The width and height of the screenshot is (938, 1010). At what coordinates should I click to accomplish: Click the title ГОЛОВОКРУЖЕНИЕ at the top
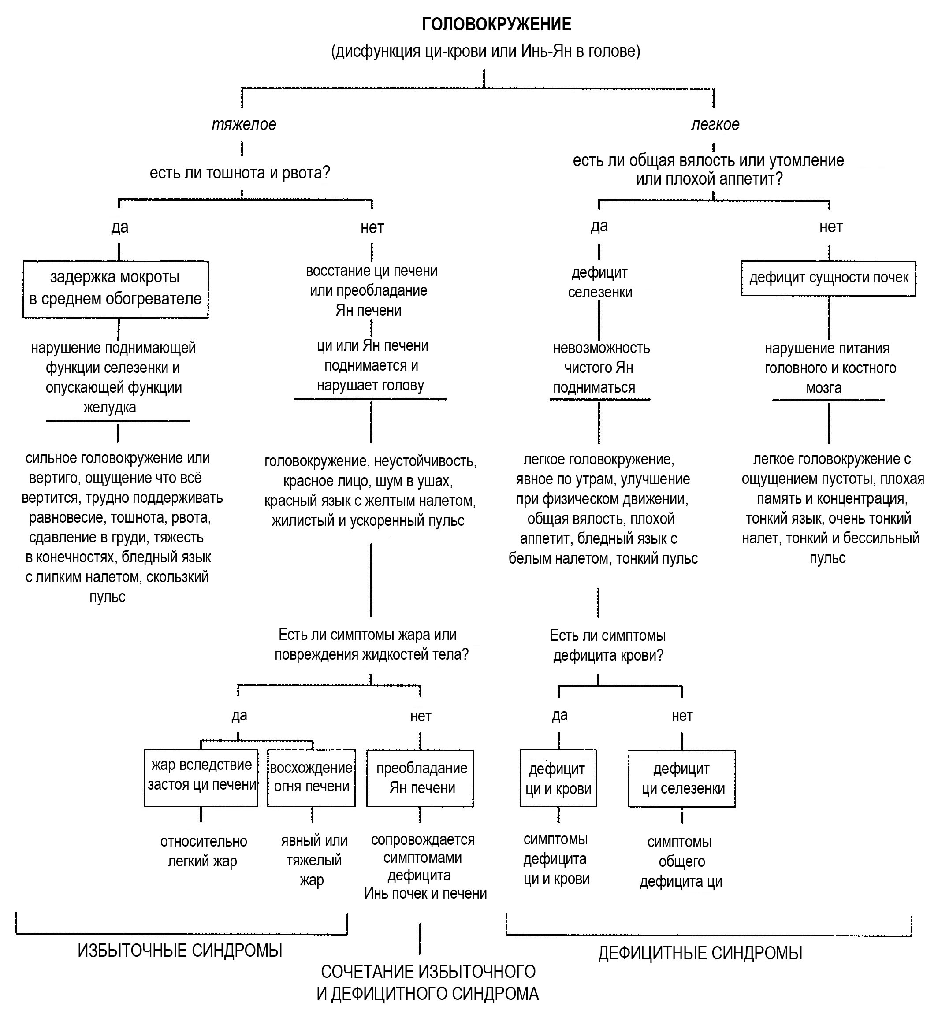tap(496, 24)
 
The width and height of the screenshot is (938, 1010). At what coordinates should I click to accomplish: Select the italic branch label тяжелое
tap(244, 124)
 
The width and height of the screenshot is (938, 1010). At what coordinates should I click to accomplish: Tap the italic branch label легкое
tap(715, 124)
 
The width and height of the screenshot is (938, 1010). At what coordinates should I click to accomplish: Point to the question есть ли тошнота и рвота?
tap(240, 173)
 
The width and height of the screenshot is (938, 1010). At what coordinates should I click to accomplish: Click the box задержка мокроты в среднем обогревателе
tap(116, 290)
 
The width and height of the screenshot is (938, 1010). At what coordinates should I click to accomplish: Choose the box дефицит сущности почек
tap(828, 278)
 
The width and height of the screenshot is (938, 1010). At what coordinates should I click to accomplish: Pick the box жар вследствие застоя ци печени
tap(201, 778)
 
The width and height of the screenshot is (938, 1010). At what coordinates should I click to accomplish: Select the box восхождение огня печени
tap(311, 778)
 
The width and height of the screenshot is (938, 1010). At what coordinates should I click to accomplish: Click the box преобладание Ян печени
tap(420, 779)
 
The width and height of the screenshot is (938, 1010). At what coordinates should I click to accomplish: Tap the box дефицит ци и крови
tap(558, 779)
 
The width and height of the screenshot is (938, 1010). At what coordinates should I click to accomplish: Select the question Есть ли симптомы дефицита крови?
tap(608, 646)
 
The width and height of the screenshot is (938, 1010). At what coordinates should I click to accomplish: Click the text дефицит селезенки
tap(600, 282)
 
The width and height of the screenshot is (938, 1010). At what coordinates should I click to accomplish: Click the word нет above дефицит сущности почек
tap(831, 227)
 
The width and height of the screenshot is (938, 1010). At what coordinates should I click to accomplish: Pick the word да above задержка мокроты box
tap(120, 227)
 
